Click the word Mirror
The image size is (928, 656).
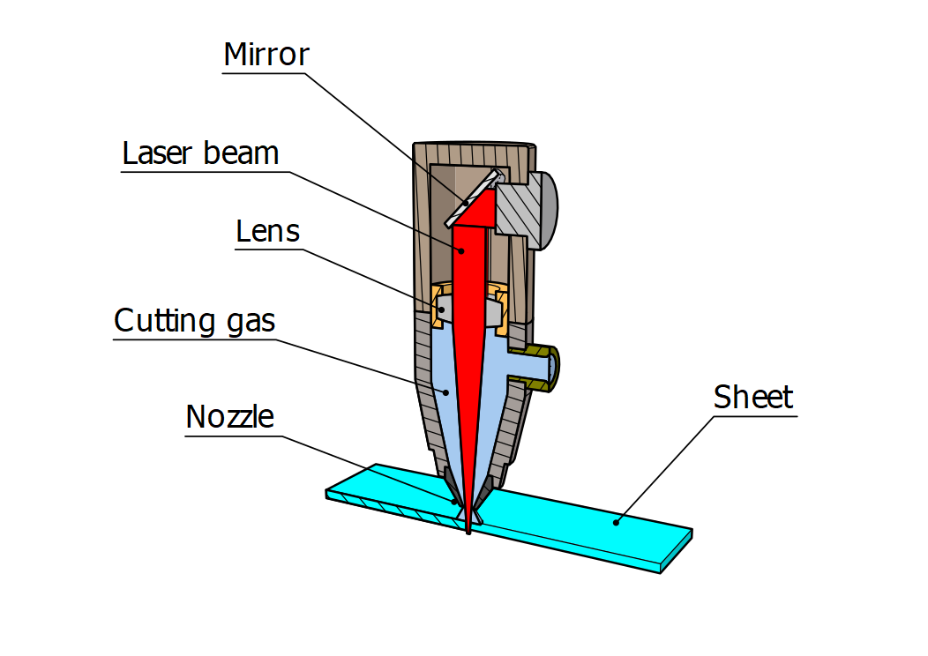click(266, 55)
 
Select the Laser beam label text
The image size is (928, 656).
click(200, 153)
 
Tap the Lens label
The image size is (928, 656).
click(268, 231)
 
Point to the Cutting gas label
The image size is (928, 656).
click(195, 321)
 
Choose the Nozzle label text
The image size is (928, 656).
click(230, 416)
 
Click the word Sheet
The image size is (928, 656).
click(754, 397)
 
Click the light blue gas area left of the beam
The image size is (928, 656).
click(448, 388)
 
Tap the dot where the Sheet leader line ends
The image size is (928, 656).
click(617, 521)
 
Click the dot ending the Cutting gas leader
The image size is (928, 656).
click(445, 391)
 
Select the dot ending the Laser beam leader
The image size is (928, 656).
click(460, 250)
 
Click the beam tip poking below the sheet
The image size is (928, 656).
click(468, 529)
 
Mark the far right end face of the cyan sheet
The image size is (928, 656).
click(676, 550)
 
